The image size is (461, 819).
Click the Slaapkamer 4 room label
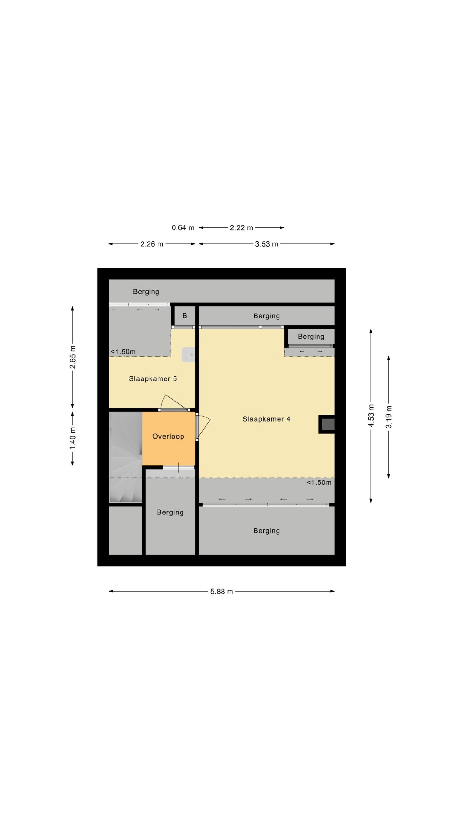[266, 419]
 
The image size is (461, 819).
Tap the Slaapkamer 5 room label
[153, 379]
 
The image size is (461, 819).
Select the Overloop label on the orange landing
[168, 436]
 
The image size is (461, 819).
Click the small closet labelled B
[185, 316]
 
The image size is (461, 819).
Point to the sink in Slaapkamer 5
[188, 354]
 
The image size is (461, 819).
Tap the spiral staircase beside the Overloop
[125, 457]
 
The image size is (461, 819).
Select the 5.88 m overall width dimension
[222, 592]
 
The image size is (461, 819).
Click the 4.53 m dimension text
[371, 416]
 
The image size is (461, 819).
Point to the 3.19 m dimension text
[389, 417]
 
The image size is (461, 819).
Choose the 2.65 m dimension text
[73, 357]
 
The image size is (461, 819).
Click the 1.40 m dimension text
[73, 438]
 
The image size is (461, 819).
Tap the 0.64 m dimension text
[183, 228]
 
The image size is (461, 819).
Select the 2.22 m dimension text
[241, 228]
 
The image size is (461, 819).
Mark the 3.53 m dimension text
[267, 244]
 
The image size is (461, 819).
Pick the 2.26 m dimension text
[152, 244]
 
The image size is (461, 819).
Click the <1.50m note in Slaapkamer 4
[319, 482]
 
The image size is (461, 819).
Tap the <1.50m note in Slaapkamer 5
[123, 352]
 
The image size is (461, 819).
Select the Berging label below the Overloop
[170, 512]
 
